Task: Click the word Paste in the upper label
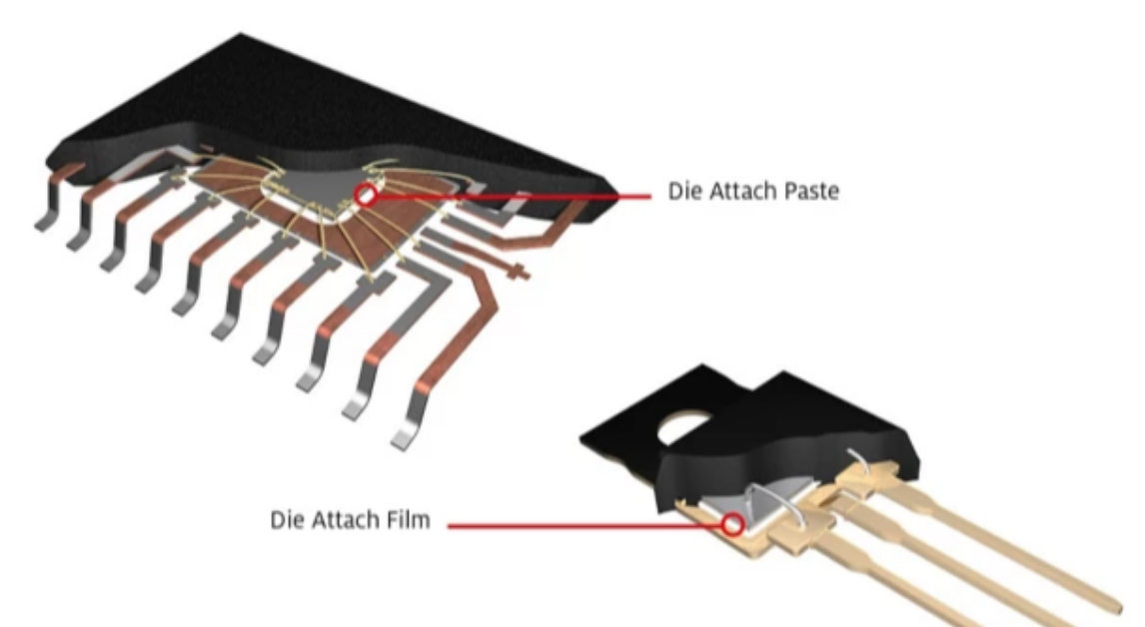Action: (805, 193)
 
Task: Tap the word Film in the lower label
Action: (407, 521)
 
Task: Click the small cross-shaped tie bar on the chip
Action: (518, 271)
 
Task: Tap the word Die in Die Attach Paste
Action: (681, 193)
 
